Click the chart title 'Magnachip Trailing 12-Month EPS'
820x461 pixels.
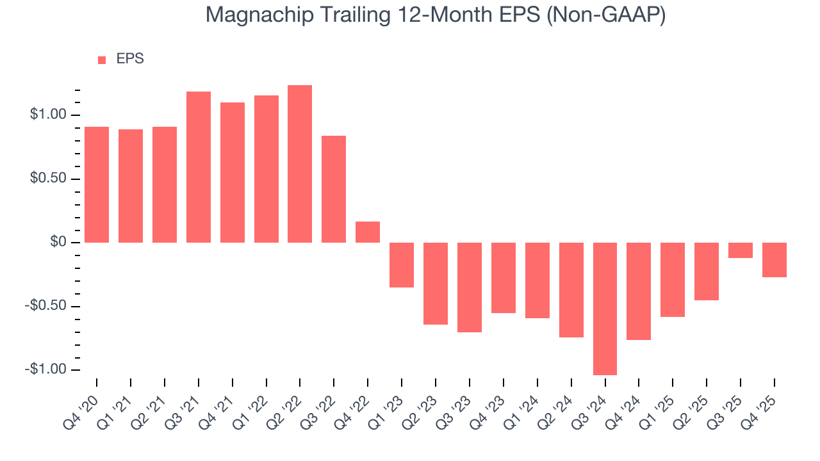(436, 15)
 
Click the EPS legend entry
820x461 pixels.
(121, 59)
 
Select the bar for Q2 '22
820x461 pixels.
(300, 164)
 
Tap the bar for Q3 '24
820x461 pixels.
(605, 309)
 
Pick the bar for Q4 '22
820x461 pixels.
(368, 232)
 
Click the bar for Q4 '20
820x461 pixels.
(97, 184)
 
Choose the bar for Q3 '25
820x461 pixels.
(740, 250)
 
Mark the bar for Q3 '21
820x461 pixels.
(199, 167)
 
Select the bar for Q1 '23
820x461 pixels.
(402, 265)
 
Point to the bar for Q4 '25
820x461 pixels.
(774, 260)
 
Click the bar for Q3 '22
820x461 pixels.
(334, 189)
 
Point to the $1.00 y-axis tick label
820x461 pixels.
(48, 115)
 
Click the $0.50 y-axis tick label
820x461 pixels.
(48, 179)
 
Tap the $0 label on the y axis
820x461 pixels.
(59, 243)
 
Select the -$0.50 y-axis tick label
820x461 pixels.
(46, 306)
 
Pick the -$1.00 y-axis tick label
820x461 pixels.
(46, 370)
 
